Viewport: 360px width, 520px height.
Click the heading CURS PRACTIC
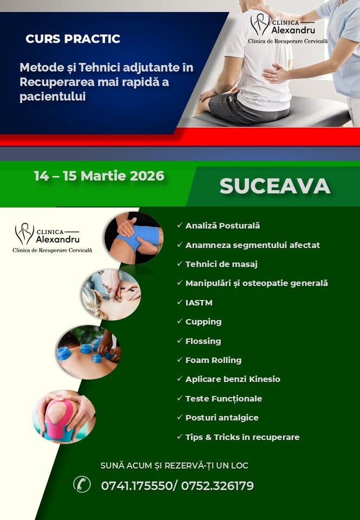click(x=73, y=39)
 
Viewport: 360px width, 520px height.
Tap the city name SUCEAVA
click(x=275, y=186)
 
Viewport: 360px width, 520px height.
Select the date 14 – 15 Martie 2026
click(x=99, y=175)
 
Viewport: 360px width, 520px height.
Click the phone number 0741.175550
click(x=136, y=486)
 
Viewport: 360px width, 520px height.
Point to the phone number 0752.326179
click(x=218, y=486)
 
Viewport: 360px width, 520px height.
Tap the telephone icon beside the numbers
click(x=82, y=484)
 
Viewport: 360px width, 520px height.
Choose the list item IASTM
click(x=199, y=303)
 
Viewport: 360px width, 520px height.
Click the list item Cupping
click(x=203, y=322)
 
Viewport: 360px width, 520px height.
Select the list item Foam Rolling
click(x=213, y=360)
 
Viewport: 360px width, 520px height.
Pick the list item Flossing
click(x=203, y=341)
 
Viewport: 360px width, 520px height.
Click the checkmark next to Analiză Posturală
click(x=180, y=225)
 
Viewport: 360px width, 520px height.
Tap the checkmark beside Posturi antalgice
click(x=180, y=417)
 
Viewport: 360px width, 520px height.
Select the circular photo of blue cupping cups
click(x=88, y=352)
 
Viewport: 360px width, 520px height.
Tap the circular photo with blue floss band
click(x=134, y=238)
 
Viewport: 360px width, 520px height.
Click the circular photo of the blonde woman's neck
click(x=112, y=295)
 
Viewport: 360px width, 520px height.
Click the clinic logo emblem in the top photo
click(x=260, y=24)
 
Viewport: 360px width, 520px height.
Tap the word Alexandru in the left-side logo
click(x=58, y=239)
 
